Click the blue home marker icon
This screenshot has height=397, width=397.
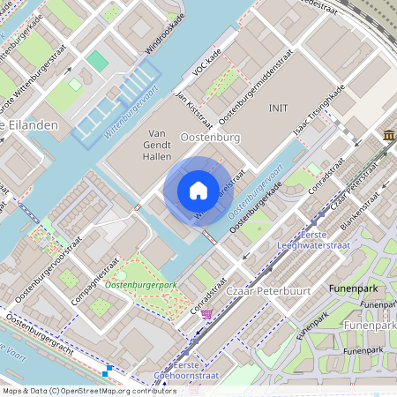click(198, 191)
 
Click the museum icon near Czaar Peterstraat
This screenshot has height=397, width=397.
click(389, 134)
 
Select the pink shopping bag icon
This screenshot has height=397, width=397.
click(206, 313)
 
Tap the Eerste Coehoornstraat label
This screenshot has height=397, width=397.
click(179, 370)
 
